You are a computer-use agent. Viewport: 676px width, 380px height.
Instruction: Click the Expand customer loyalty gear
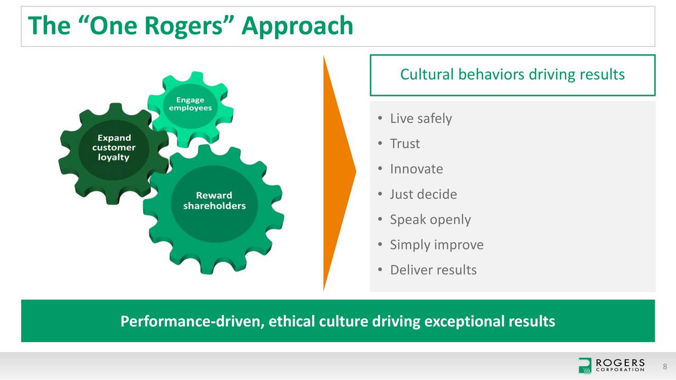coord(114,148)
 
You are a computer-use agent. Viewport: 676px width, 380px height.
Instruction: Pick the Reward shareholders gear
coord(214,201)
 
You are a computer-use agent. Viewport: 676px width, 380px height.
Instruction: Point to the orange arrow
coord(338,172)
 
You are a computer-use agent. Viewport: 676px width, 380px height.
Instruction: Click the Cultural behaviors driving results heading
coord(512,74)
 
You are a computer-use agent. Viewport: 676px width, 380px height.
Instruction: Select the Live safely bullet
coord(420,118)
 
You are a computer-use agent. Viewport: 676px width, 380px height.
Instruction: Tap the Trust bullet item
coord(405,144)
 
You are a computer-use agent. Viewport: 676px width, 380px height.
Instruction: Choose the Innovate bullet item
coord(416,169)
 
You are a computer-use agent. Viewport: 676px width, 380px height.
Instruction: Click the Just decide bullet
coord(423,194)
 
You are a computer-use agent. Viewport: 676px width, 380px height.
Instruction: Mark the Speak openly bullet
coord(430,220)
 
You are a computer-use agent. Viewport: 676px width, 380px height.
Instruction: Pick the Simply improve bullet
coord(436,245)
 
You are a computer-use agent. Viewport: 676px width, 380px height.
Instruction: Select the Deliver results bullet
coord(433,270)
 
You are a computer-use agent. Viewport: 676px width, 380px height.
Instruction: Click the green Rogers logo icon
coord(585,365)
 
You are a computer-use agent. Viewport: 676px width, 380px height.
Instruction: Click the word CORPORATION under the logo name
coord(620,370)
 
